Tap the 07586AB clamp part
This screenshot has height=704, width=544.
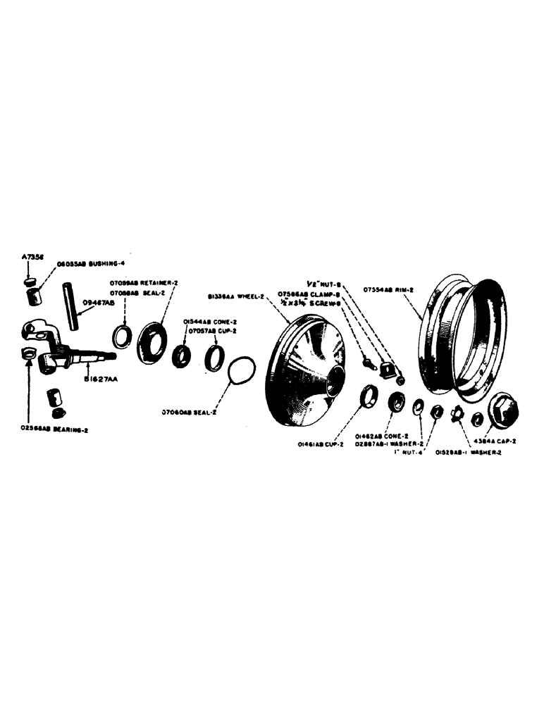(385, 367)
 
